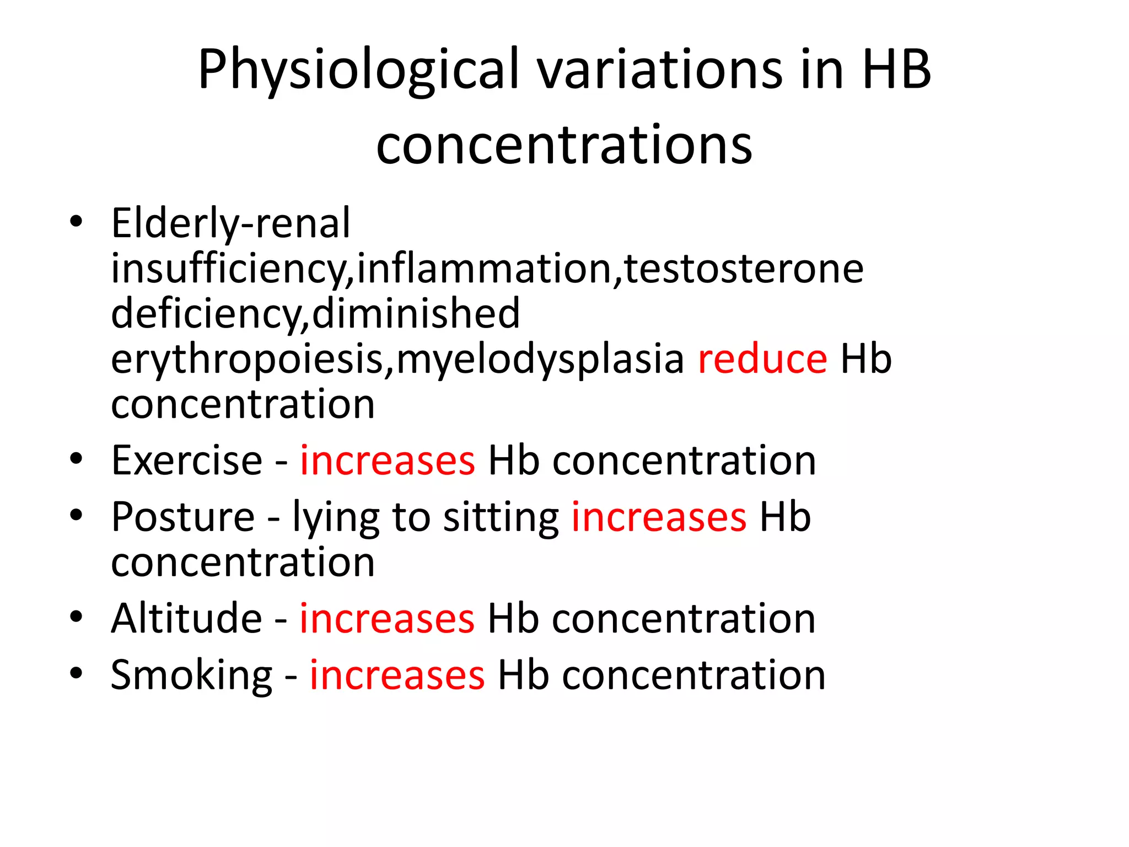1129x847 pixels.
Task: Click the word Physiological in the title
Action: pos(359,70)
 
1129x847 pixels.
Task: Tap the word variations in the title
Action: pos(660,70)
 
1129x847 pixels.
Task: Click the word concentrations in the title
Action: pos(564,144)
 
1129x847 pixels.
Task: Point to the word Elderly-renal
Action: pos(230,223)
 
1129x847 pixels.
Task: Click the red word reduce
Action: pos(762,359)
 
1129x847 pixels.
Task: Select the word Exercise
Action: pos(187,460)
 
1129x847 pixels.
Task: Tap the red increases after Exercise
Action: pos(387,460)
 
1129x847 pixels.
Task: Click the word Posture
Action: pos(183,517)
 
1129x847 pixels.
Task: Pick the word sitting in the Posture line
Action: pos(501,517)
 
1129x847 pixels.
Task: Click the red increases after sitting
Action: pos(659,517)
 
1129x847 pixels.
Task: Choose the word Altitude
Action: pos(186,618)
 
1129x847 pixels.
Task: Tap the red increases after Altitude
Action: pos(387,618)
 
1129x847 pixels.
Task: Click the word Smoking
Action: pos(191,675)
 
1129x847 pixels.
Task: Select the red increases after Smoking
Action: pos(397,675)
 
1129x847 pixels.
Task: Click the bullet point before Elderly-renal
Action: pos(76,222)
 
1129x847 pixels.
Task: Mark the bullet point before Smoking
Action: pos(76,673)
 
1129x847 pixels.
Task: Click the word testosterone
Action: pos(744,269)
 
